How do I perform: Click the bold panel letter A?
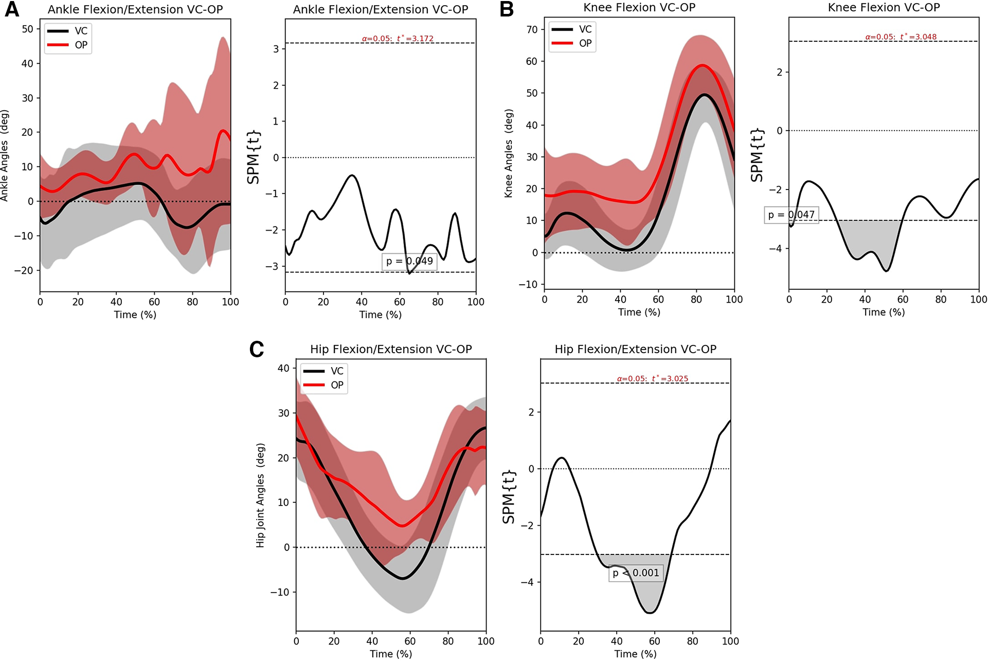point(11,10)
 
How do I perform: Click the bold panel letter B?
point(507,10)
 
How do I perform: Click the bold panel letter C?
point(256,350)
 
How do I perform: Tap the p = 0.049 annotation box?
point(409,261)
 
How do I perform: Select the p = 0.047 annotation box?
point(791,215)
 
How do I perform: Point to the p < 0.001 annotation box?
point(636,573)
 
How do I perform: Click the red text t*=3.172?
point(415,39)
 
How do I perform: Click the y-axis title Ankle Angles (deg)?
point(5,155)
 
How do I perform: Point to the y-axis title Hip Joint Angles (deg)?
point(260,495)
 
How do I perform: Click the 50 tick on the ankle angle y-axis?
point(27,29)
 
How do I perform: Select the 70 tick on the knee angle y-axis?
point(531,29)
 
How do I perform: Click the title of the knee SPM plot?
point(884,8)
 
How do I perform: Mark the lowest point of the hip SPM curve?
point(651,613)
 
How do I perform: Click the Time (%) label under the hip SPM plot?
point(635,654)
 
